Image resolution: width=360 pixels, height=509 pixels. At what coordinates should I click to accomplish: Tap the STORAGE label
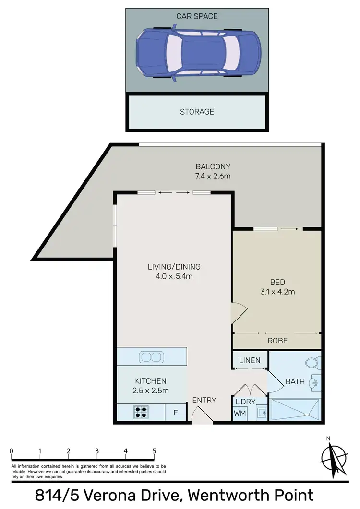(x=197, y=112)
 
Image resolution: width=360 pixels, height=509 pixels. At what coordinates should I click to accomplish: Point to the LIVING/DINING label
(x=174, y=267)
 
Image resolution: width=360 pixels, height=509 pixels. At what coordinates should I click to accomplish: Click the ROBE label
(x=277, y=341)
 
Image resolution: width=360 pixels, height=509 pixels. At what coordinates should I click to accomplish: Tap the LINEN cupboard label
(x=250, y=360)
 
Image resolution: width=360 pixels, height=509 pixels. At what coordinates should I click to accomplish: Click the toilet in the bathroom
(x=312, y=363)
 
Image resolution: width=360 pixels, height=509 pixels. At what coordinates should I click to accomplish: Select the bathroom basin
(x=313, y=383)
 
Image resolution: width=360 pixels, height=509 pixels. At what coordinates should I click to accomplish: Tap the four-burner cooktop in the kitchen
(x=142, y=411)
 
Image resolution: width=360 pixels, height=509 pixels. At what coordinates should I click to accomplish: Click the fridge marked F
(x=176, y=412)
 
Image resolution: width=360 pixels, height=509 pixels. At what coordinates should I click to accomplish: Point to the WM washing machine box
(x=240, y=413)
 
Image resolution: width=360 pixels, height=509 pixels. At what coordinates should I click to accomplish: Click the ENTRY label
(x=204, y=400)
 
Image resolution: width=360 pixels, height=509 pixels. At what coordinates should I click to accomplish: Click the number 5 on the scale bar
(x=155, y=451)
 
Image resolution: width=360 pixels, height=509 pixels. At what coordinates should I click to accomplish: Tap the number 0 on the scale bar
(x=11, y=451)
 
